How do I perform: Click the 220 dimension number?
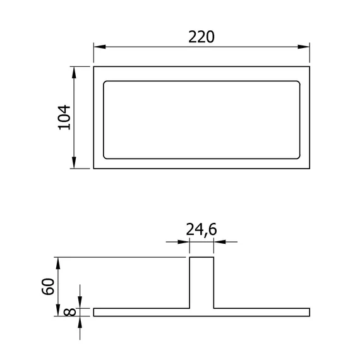[201, 37]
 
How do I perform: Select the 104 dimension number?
[64, 117]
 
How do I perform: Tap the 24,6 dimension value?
[201, 230]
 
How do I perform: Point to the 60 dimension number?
[48, 286]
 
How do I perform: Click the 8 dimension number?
[69, 312]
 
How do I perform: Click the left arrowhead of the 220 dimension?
[100, 47]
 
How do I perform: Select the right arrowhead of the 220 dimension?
[304, 47]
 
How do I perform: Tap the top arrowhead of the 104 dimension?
[74, 73]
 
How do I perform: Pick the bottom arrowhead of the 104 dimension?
[74, 162]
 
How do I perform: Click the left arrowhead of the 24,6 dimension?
[183, 242]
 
